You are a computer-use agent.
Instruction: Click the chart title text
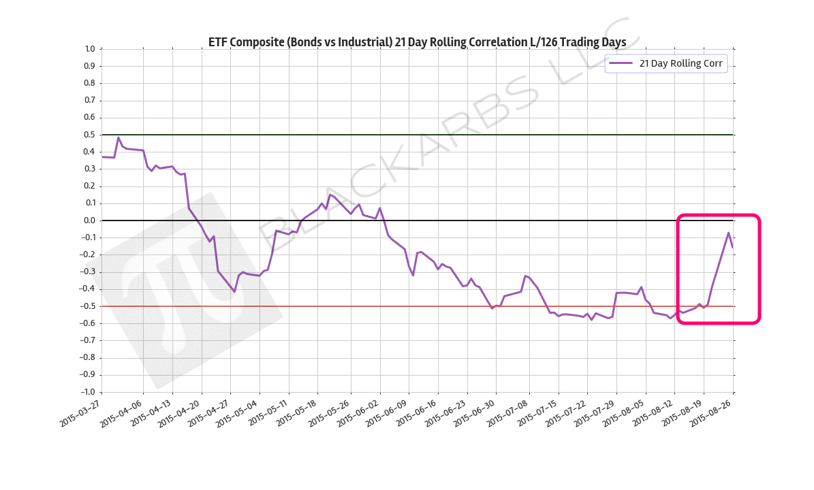tap(417, 42)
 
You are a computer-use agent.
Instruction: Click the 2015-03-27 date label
tap(80, 412)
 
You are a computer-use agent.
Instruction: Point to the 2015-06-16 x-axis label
tap(417, 412)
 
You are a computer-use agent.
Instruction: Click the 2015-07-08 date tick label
tap(507, 412)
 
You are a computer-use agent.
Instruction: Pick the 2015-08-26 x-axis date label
tap(713, 412)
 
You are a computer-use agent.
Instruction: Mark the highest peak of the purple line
tap(118, 137)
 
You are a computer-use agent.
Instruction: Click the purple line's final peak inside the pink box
tap(728, 233)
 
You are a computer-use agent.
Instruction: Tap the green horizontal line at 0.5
tap(409, 135)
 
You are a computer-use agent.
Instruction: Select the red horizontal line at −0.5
tap(409, 306)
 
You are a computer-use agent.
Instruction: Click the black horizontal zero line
tap(477, 220)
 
